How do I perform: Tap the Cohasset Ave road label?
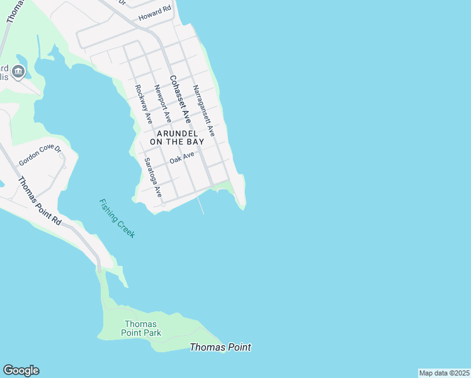[x=179, y=99]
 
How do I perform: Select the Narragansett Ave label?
[x=204, y=111]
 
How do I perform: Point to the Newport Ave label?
[x=163, y=103]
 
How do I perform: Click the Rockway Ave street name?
[x=144, y=105]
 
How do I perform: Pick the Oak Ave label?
[x=182, y=157]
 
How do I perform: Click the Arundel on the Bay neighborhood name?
[x=177, y=138]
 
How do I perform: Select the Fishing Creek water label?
[x=117, y=218]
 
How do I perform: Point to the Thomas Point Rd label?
[x=40, y=201]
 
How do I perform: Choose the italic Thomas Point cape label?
[x=220, y=347]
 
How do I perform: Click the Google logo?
[x=21, y=370]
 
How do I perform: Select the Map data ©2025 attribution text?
[x=444, y=373]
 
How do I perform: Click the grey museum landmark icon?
[x=18, y=71]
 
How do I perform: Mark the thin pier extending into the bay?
[x=201, y=205]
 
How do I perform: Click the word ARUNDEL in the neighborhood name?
[x=177, y=134]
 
